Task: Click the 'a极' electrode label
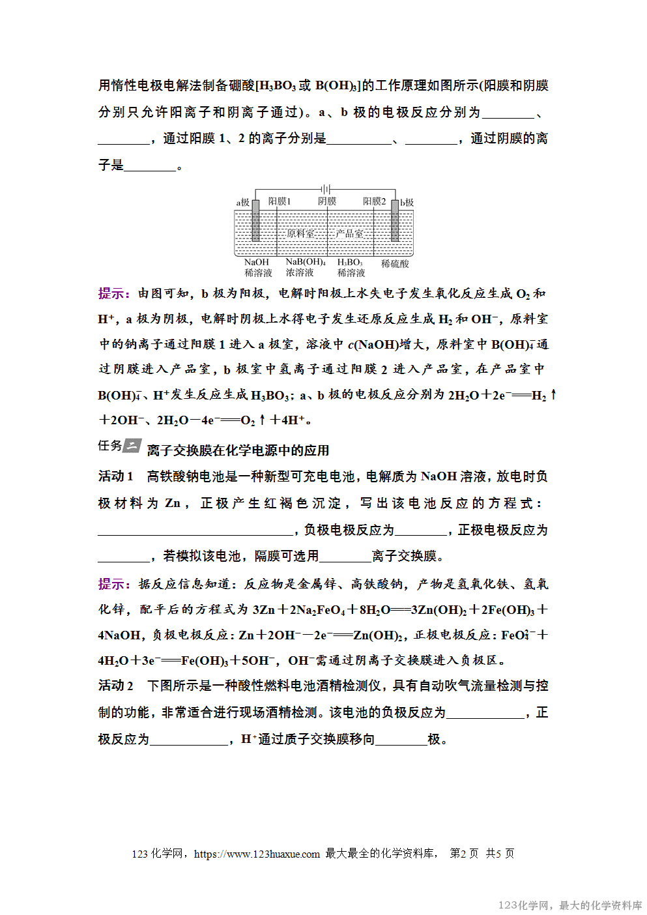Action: coord(242,203)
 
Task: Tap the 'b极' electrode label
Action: coord(407,203)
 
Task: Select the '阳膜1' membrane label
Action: coord(280,201)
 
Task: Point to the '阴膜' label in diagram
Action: coord(327,201)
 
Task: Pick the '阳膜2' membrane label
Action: coord(375,201)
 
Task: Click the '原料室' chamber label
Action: coord(300,233)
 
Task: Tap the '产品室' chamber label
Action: coord(350,233)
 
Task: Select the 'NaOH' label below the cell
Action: coord(257,262)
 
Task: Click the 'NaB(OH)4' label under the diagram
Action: coord(306,262)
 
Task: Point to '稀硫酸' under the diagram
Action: coord(395,264)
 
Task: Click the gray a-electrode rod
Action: coord(255,220)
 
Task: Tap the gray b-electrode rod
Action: coord(395,220)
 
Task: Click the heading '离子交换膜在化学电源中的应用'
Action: coord(238,450)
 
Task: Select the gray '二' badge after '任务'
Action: coord(132,446)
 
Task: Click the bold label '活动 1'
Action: coord(116,476)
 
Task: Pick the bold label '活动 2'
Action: coord(116,686)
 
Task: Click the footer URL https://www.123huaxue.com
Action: coord(257,854)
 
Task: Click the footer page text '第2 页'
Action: coord(464,854)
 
